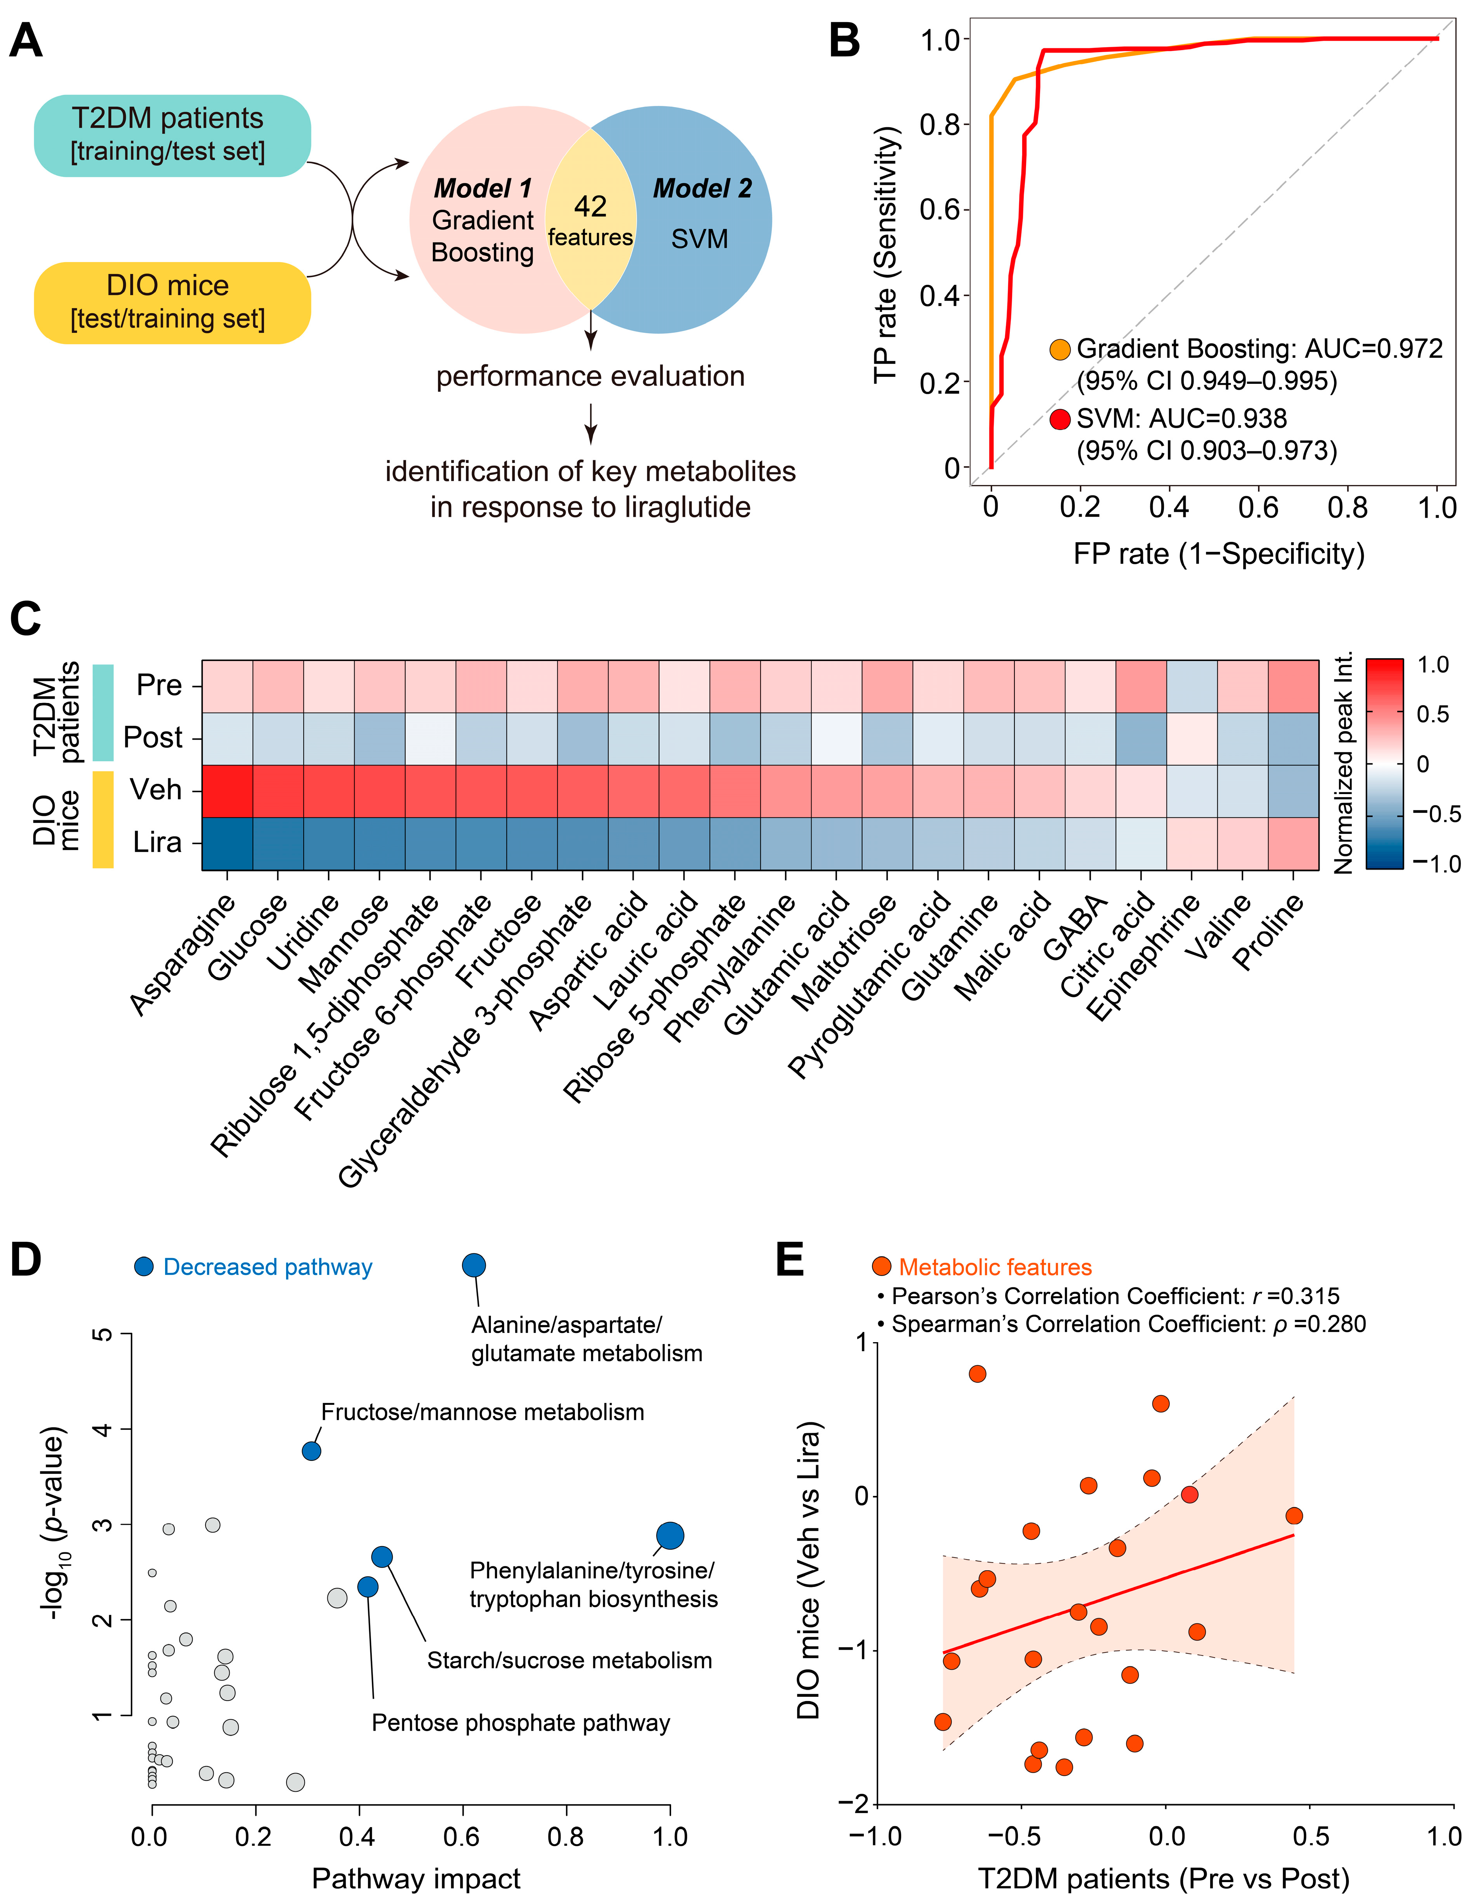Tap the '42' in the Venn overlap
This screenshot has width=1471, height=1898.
(x=590, y=206)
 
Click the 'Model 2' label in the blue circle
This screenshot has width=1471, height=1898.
(x=702, y=188)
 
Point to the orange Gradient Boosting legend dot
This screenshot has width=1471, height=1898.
(x=1059, y=350)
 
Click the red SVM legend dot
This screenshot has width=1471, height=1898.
(x=1059, y=419)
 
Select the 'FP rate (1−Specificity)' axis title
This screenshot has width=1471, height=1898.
(x=1218, y=554)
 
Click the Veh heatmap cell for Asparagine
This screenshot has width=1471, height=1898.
(x=228, y=791)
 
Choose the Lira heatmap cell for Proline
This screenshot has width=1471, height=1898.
(x=1293, y=843)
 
